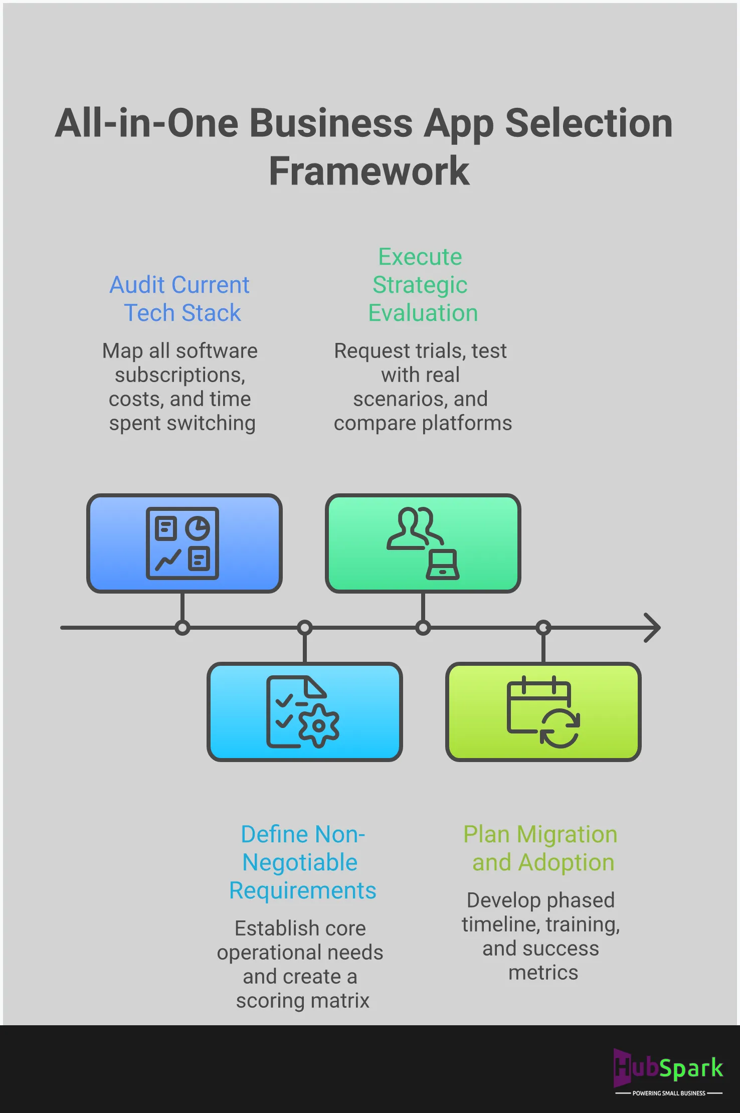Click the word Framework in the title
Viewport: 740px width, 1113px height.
[x=369, y=171]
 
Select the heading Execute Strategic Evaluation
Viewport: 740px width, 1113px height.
[x=421, y=285]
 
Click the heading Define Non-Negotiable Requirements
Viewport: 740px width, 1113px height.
[x=302, y=862]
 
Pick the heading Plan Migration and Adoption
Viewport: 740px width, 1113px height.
[x=541, y=848]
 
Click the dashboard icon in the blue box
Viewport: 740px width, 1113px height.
[x=182, y=543]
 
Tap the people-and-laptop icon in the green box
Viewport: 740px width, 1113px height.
[x=423, y=543]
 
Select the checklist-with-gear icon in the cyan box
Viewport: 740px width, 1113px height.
[x=303, y=712]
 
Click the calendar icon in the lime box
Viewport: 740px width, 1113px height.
[x=543, y=712]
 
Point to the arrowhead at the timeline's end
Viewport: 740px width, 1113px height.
[x=652, y=628]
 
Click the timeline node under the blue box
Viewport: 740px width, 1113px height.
[x=182, y=628]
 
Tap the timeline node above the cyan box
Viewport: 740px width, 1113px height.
[x=305, y=628]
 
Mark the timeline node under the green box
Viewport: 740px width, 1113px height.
[x=423, y=628]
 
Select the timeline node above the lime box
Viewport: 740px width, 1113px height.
[x=543, y=628]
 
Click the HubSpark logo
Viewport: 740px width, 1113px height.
[x=669, y=1068]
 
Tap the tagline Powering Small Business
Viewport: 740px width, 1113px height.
[x=669, y=1093]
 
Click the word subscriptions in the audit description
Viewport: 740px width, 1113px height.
[x=180, y=376]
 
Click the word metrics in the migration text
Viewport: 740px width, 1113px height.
[x=543, y=973]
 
